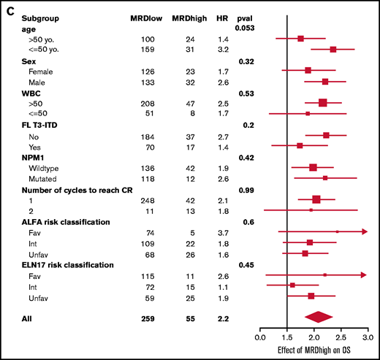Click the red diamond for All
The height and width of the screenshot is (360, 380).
(319, 316)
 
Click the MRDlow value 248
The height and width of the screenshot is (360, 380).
(149, 199)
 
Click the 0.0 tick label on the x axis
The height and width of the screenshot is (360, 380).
(259, 337)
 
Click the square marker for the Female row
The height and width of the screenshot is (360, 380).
(308, 70)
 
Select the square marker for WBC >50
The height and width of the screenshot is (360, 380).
(323, 103)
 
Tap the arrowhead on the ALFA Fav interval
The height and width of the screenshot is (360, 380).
(364, 231)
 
